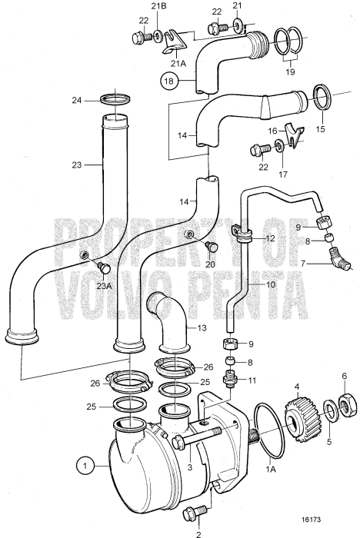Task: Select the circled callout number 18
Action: (168, 79)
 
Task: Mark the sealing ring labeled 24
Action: (115, 98)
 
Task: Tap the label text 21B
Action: (158, 8)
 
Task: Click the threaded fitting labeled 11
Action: (228, 359)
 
